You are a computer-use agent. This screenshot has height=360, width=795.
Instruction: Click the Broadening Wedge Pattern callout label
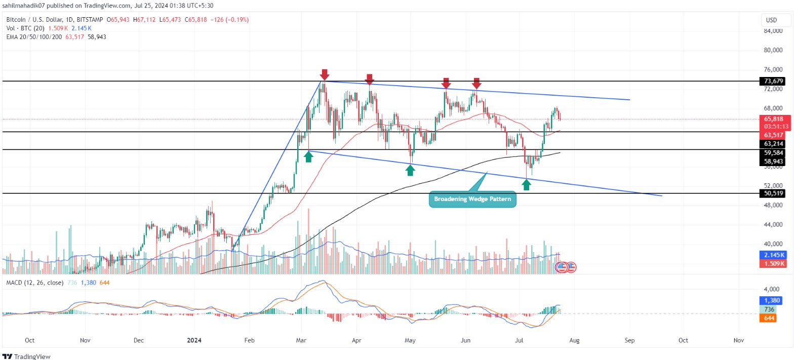tap(472, 199)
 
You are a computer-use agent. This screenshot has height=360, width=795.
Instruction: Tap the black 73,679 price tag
tap(773, 81)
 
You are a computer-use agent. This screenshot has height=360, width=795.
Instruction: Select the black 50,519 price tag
tap(773, 193)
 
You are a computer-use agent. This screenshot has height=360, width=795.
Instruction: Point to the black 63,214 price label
tap(773, 144)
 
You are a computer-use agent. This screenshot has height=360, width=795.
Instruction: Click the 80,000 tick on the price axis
tap(773, 50)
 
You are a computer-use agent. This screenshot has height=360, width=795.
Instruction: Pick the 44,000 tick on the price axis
tap(773, 224)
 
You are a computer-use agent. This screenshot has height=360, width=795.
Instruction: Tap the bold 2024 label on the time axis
tap(194, 340)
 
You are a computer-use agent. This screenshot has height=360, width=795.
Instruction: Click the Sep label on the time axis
tap(629, 340)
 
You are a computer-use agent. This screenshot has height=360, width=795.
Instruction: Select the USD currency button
tap(771, 20)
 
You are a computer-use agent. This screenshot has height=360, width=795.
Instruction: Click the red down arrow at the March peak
tap(325, 74)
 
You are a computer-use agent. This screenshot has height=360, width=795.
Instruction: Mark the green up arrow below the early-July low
tap(527, 184)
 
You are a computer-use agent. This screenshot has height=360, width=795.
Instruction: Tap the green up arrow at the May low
tap(410, 170)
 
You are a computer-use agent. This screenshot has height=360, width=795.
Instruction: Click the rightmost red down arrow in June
tap(476, 83)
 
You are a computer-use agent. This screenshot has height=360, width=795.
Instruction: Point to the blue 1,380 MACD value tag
tap(772, 300)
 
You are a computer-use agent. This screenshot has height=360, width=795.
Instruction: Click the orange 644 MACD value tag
tap(769, 318)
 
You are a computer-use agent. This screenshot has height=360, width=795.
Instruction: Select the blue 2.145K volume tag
tap(773, 255)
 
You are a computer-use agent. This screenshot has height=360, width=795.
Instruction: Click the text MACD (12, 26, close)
tap(34, 283)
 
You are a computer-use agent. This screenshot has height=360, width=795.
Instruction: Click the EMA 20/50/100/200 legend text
tap(34, 37)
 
